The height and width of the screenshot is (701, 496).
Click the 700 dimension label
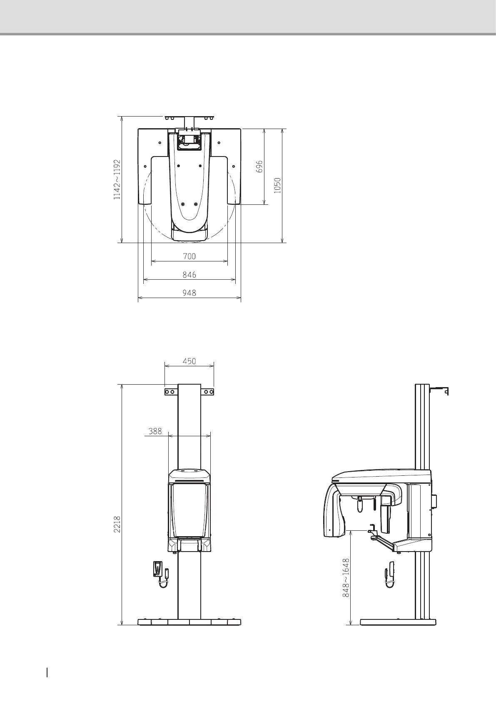click(x=189, y=256)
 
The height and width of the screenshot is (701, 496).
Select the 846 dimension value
click(x=189, y=275)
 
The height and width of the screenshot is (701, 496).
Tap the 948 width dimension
click(x=189, y=293)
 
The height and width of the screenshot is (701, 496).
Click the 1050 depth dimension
click(x=277, y=186)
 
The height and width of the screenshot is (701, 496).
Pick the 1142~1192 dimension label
click(x=117, y=179)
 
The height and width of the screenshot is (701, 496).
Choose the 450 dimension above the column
click(x=189, y=361)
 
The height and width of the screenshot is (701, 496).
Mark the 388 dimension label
click(x=155, y=431)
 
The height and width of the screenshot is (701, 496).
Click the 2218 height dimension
click(x=117, y=524)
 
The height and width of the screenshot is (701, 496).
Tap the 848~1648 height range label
click(x=346, y=578)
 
